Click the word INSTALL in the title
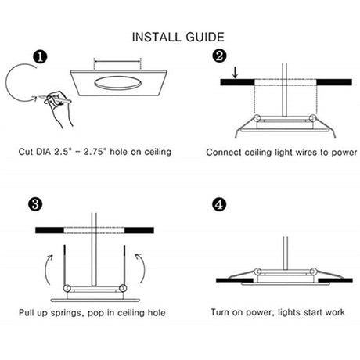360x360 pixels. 157,37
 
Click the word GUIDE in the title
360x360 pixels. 205,37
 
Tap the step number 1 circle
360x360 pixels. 40,57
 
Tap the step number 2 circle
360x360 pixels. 219,56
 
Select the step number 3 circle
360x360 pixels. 35,204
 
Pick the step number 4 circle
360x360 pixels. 219,204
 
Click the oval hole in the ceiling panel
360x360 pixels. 118,83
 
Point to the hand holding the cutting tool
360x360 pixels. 59,108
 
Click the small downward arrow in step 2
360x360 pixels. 236,73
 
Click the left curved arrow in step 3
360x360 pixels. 47,269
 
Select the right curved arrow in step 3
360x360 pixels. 142,268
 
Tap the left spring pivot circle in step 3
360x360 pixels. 67,288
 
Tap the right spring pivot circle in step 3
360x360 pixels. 123,288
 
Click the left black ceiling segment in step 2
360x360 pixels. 237,82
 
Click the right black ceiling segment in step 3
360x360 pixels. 139,230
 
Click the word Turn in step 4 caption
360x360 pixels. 220,312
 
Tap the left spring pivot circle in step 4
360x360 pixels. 257,272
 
